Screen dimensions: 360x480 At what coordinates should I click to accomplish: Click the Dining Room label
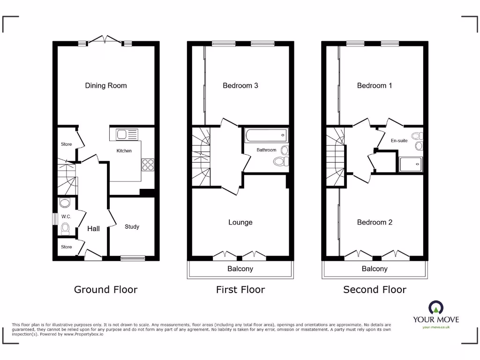(x=106, y=85)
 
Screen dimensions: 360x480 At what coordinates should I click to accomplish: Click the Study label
(x=132, y=226)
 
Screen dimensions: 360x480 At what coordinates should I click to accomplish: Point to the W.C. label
(x=66, y=217)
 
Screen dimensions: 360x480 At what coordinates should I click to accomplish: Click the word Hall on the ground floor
(x=93, y=229)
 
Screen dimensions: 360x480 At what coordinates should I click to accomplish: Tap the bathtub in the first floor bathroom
(x=266, y=136)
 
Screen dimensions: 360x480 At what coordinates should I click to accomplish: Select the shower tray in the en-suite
(x=410, y=165)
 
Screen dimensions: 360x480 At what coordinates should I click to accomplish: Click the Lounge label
(x=240, y=222)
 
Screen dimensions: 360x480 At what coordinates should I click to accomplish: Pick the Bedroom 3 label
(x=240, y=85)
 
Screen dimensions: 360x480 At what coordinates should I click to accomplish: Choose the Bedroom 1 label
(x=375, y=85)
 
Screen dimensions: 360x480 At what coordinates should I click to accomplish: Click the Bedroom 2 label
(x=375, y=222)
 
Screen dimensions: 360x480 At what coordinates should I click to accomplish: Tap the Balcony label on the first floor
(x=240, y=269)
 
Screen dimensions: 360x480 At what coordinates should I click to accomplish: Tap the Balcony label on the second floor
(x=375, y=269)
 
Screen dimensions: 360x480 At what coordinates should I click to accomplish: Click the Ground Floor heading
(x=106, y=290)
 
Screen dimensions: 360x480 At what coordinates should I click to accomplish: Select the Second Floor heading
(x=375, y=290)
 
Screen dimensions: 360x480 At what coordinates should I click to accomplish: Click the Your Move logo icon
(x=435, y=307)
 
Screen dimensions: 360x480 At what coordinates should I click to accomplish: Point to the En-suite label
(x=399, y=140)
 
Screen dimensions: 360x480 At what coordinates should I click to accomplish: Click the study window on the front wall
(x=132, y=257)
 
